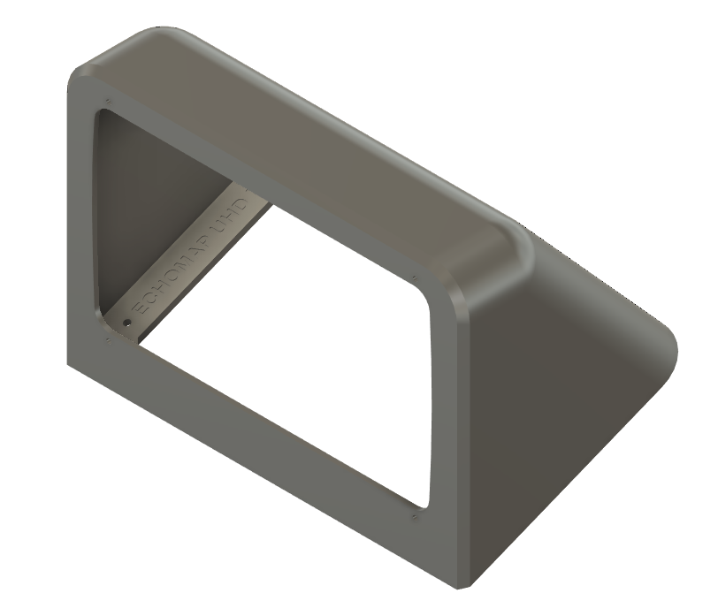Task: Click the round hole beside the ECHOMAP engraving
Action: (126, 323)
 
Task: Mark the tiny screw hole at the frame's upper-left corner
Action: (107, 100)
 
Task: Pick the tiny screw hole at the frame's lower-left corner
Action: (107, 338)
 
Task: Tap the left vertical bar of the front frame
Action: (81, 221)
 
